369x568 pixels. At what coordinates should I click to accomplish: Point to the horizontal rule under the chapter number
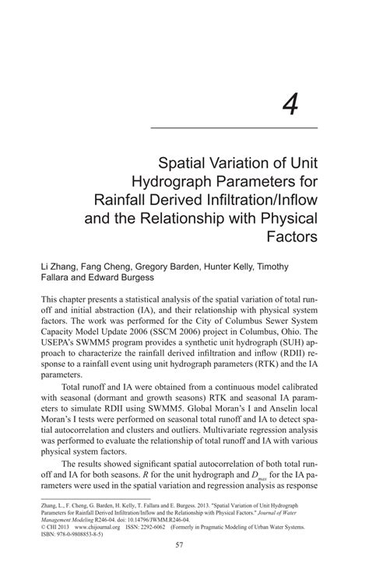coord(233,127)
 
